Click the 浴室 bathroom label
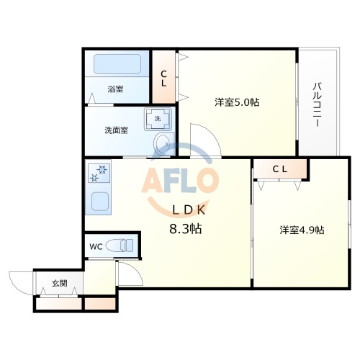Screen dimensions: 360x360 pyautogui.click(x=115, y=89)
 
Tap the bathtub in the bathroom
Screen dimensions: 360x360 pyautogui.click(x=117, y=66)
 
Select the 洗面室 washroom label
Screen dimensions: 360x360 pyautogui.click(x=116, y=130)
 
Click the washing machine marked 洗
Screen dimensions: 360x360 pyautogui.click(x=158, y=117)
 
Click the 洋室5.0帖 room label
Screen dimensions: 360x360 pyautogui.click(x=237, y=102)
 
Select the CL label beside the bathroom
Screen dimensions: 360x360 pyautogui.click(x=164, y=78)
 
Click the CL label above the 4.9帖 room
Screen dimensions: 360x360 pyautogui.click(x=280, y=169)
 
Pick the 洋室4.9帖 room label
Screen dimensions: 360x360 pyautogui.click(x=302, y=230)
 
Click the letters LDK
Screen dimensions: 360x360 pyautogui.click(x=189, y=210)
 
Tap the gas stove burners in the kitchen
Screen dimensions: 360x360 pyautogui.click(x=99, y=171)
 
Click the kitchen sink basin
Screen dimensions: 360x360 pyautogui.click(x=99, y=199)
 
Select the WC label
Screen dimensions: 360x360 pyautogui.click(x=95, y=247)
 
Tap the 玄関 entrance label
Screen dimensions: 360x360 pyautogui.click(x=59, y=284)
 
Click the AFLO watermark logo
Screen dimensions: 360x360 pyautogui.click(x=180, y=180)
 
